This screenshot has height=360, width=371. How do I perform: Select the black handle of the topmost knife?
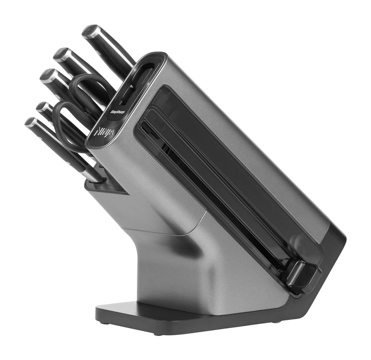111,52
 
